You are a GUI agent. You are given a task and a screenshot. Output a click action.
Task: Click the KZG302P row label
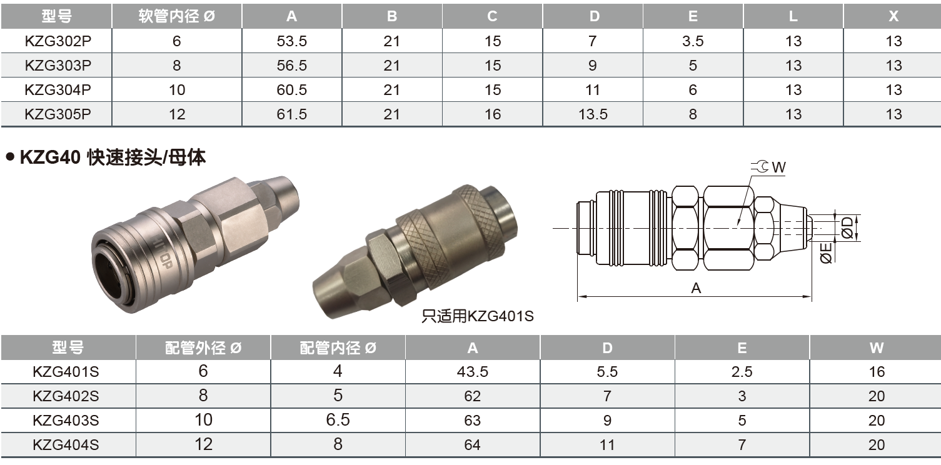click(x=58, y=41)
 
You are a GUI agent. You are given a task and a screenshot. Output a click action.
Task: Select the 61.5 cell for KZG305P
click(x=291, y=114)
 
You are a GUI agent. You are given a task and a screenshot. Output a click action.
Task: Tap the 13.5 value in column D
click(x=593, y=114)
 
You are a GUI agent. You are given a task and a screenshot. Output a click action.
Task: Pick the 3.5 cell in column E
click(x=693, y=41)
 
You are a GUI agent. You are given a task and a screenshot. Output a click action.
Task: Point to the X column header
click(x=893, y=16)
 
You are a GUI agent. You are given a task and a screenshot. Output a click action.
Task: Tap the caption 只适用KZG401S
click(x=478, y=316)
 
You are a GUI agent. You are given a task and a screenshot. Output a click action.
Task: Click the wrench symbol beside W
click(x=760, y=167)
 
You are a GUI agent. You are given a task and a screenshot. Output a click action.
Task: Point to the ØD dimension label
click(x=847, y=227)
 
